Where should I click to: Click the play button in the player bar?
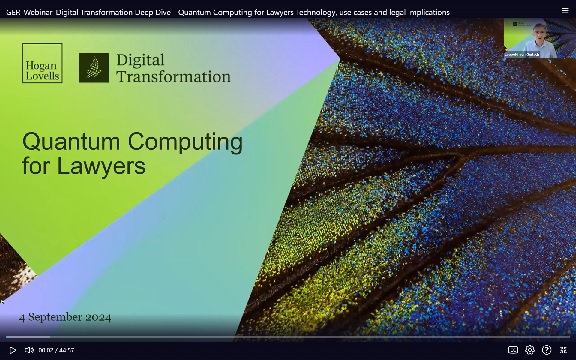coord(12,350)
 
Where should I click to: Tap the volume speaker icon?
coord(29,350)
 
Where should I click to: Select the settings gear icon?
coord(530,350)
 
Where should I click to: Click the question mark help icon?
coord(547,350)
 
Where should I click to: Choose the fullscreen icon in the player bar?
coord(564,350)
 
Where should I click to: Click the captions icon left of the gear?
coord(513,350)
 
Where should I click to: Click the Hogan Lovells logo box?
coord(42,62)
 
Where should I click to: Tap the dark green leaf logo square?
coord(94,68)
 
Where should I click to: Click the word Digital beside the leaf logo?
coord(140,60)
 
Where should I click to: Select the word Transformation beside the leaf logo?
coord(173,76)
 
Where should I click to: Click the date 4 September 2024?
coord(66,317)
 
